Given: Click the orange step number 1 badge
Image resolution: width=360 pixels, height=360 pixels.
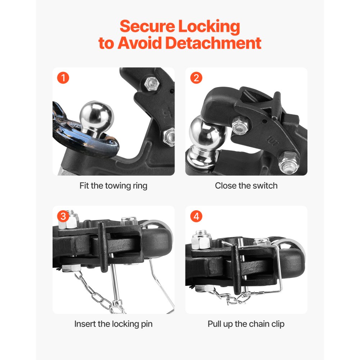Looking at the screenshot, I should tap(63, 78).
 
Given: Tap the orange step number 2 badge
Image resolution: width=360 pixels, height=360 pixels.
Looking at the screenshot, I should tap(196, 78).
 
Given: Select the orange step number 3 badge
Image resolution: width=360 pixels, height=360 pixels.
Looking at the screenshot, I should tap(63, 216).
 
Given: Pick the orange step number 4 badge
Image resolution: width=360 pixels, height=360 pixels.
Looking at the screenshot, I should tap(196, 216).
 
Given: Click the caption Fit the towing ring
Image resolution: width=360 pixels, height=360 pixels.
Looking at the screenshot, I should tap(113, 186).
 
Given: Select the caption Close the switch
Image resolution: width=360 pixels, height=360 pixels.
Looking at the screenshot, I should tap(246, 186).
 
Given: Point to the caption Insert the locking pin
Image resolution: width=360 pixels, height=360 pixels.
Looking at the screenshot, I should tap(113, 324).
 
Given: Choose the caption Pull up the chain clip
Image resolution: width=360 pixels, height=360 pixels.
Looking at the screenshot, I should tap(246, 324).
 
